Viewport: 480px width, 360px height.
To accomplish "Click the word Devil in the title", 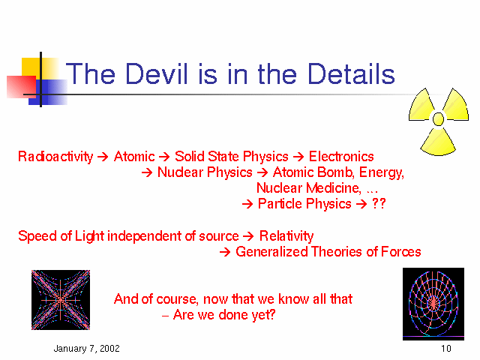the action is (156, 73).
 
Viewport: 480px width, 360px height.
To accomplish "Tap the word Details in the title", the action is (351, 73).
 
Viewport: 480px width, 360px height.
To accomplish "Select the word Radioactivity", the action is (55, 157).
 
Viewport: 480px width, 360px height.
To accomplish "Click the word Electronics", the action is (341, 157).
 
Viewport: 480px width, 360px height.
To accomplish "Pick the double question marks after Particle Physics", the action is (379, 203).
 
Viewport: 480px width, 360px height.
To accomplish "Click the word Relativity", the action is (286, 236).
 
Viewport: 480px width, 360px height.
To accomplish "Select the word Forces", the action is (401, 252).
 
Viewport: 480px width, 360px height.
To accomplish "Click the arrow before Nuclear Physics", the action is (147, 173).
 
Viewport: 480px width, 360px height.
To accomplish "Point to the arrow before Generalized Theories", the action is (225, 252).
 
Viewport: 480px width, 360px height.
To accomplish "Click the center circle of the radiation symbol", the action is (438, 119).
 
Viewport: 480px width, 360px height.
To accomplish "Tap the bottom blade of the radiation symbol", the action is (438, 142).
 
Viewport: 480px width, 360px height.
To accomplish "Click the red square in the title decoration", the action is (21, 87).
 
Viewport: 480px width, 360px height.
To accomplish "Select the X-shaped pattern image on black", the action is (61, 300).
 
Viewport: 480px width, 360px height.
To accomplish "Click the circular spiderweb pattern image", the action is (433, 304).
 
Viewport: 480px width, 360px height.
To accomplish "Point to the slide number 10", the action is (446, 348).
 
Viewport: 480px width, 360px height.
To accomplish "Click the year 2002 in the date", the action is (109, 348).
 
